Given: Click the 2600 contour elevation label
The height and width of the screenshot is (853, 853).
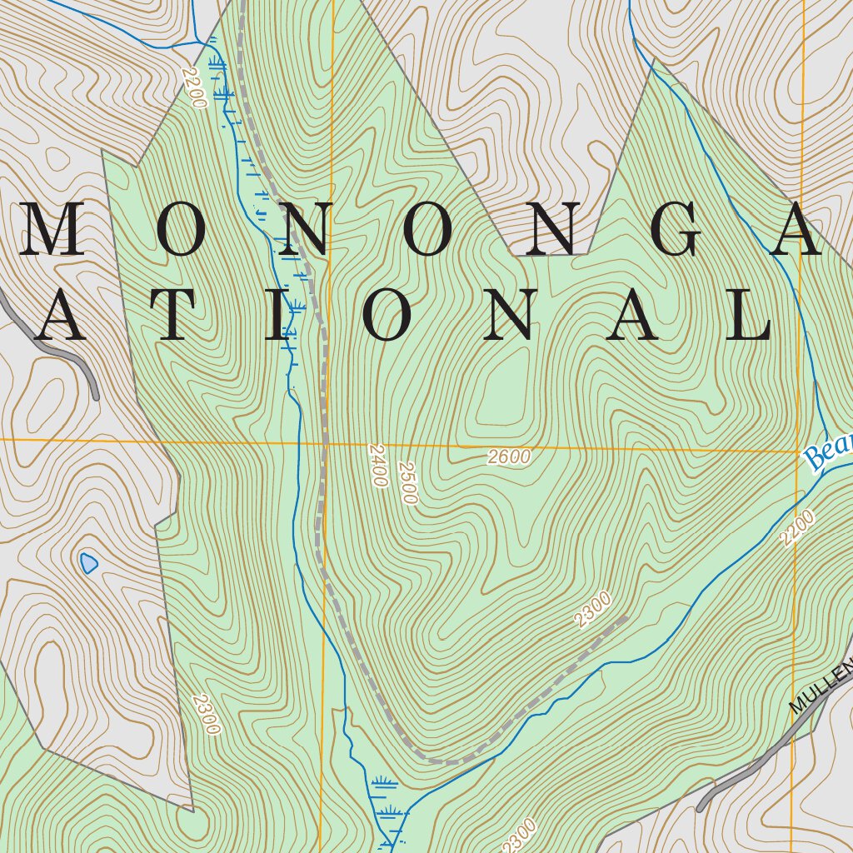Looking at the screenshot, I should [x=510, y=456].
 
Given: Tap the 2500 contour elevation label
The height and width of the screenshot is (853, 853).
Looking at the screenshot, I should [x=407, y=482].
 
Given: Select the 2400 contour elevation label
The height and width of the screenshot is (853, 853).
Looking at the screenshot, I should [x=377, y=465].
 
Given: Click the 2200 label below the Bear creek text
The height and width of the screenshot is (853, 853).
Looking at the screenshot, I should [x=797, y=528].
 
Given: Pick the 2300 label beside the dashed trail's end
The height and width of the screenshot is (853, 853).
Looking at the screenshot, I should [x=593, y=609].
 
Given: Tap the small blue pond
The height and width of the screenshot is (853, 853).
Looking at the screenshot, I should [x=88, y=564].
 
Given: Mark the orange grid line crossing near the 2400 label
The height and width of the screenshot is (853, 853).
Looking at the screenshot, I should [x=326, y=443].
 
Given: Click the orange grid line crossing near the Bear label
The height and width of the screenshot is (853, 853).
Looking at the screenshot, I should [x=797, y=451].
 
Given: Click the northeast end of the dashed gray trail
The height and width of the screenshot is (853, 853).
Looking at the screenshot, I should [x=625, y=617].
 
